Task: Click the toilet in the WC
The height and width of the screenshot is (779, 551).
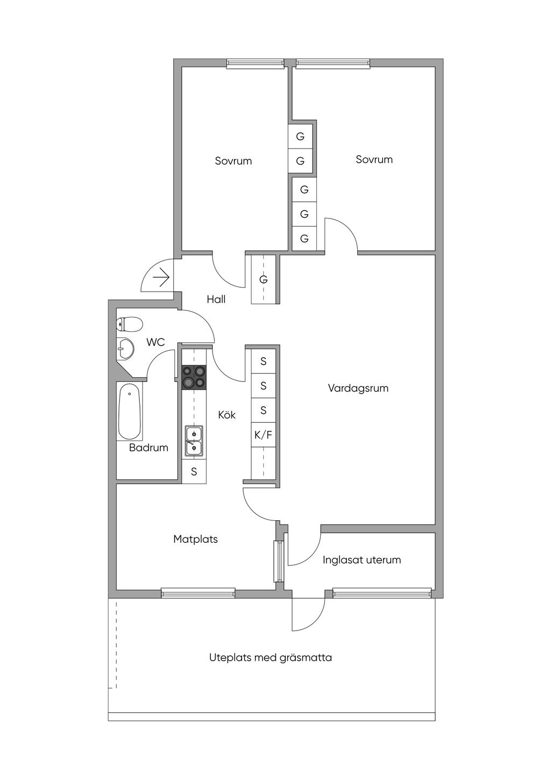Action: point(129,324)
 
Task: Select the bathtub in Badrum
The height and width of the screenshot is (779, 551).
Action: point(130,412)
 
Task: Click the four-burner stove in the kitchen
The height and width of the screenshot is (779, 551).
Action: point(194,376)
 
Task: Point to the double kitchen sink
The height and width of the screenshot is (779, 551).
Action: point(194,441)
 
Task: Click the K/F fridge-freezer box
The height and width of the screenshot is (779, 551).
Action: point(263,435)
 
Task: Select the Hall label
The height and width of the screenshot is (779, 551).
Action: point(216,300)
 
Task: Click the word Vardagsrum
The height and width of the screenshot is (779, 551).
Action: point(358,388)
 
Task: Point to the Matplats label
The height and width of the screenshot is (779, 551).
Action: point(195,539)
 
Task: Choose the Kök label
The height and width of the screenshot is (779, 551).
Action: point(227,415)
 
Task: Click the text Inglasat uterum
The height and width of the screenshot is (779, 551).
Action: point(362,560)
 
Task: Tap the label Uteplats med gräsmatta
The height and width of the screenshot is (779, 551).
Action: point(271,657)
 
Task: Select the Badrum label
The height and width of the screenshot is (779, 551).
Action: point(149,448)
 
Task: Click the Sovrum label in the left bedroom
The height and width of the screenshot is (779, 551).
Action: point(233,161)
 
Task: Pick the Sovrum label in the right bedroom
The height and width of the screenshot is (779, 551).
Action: point(374,159)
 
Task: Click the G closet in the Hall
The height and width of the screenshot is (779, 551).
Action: point(263,280)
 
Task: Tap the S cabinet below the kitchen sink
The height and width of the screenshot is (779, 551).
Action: point(194,472)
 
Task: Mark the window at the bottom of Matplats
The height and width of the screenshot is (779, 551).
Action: point(198,593)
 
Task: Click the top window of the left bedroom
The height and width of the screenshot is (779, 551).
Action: point(255,63)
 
